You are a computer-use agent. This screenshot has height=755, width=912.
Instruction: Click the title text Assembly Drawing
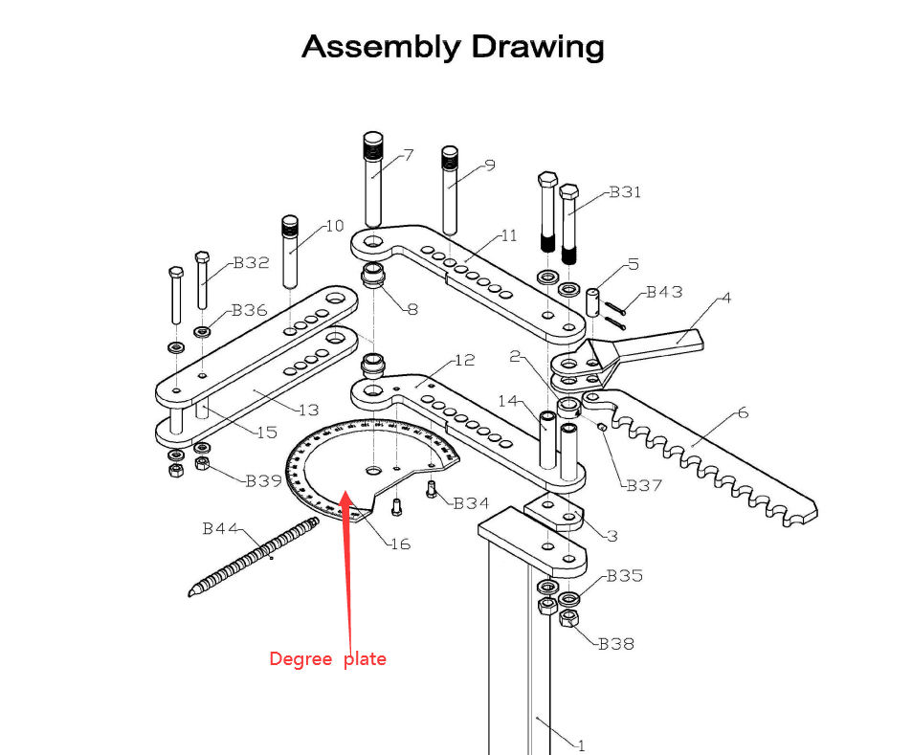(x=453, y=46)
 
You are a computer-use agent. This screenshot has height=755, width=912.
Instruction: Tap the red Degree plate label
(x=327, y=658)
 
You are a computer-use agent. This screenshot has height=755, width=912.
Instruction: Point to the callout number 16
(x=399, y=544)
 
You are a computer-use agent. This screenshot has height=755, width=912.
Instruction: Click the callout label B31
(x=625, y=192)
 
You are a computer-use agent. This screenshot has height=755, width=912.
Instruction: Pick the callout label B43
(x=664, y=292)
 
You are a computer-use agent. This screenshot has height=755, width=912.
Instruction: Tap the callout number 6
(x=742, y=413)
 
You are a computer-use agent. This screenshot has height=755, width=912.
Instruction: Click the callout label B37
(x=644, y=485)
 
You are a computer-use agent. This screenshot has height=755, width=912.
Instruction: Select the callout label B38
(x=616, y=644)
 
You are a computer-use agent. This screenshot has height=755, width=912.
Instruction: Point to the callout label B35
(x=624, y=576)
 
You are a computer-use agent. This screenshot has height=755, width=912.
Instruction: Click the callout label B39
(x=263, y=480)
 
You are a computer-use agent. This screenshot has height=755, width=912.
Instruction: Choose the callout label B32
(x=252, y=263)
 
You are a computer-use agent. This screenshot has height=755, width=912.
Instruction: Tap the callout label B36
(x=249, y=310)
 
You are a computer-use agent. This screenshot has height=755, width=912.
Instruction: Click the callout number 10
(x=334, y=227)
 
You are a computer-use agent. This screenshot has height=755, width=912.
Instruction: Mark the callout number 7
(x=409, y=155)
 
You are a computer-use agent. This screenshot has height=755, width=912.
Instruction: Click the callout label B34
(x=471, y=503)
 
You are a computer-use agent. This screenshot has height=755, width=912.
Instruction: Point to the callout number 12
(x=464, y=361)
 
